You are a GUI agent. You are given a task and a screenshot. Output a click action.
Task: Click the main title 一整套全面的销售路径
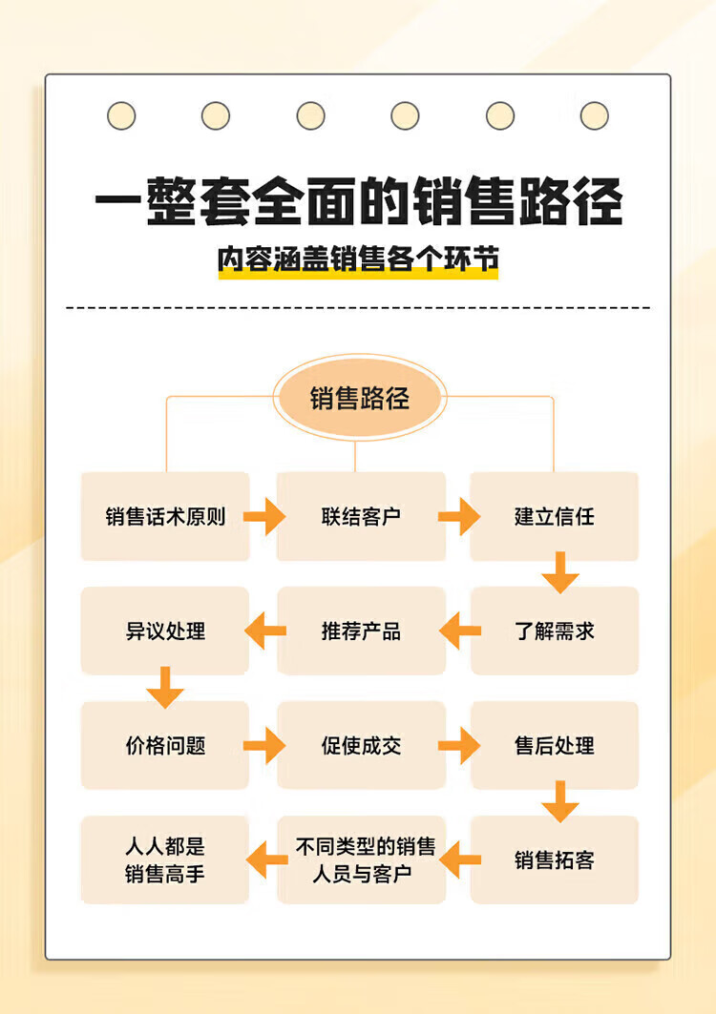(359, 201)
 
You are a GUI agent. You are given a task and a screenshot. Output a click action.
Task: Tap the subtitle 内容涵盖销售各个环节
(358, 259)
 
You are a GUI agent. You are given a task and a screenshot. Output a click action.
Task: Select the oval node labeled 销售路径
(359, 398)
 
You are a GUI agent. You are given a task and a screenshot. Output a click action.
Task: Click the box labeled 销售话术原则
(165, 516)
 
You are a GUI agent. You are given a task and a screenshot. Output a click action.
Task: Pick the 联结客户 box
(361, 516)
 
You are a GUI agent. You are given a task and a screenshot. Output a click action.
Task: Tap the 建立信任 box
(554, 516)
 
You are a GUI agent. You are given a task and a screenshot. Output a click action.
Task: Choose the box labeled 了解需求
(554, 631)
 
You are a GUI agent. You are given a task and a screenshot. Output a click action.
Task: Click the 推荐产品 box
(361, 631)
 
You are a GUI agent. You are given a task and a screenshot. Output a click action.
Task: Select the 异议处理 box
(165, 631)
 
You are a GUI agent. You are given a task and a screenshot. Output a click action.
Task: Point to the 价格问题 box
(165, 745)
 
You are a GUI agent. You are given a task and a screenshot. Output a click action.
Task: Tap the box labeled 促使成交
(361, 745)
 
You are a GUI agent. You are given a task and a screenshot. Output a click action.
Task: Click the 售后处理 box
(554, 745)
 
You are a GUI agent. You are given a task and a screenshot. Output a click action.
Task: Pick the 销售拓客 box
(554, 859)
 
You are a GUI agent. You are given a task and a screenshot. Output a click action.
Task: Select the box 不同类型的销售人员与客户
(361, 859)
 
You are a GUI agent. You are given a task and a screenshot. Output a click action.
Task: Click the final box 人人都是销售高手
(165, 859)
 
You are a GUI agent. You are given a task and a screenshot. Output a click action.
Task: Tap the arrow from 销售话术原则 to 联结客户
(264, 517)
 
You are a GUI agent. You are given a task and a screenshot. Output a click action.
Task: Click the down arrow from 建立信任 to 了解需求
(560, 572)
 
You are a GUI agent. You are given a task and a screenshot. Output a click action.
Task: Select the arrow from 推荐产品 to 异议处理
(265, 631)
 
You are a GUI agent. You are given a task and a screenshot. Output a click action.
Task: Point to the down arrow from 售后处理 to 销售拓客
(560, 801)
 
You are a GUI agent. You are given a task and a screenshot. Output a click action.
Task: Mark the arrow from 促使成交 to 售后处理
(459, 746)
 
